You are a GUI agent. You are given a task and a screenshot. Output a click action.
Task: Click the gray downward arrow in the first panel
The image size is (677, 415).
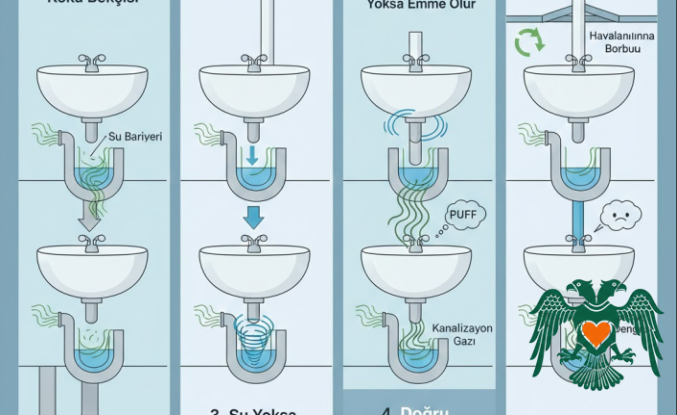[x=90, y=219]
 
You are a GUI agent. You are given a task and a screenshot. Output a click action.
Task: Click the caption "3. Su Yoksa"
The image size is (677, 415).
[x=254, y=408]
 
